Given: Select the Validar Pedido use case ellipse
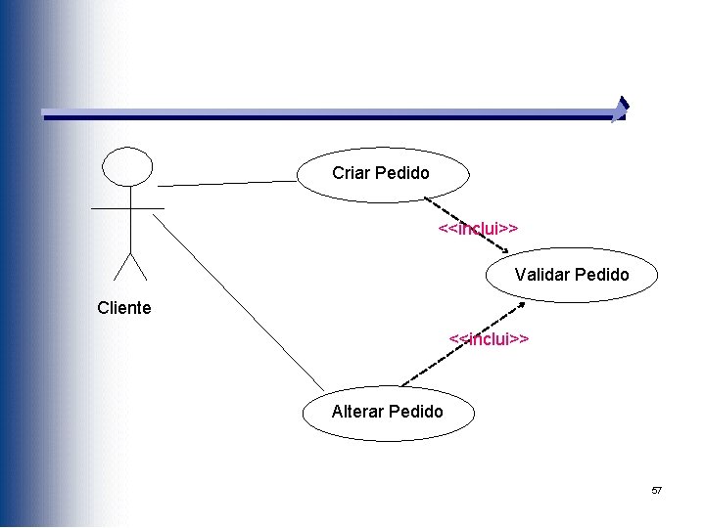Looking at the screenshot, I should [572, 275].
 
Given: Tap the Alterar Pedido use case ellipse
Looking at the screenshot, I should [388, 412].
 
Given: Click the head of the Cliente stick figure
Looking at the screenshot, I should [128, 166].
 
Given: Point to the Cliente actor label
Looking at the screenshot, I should [124, 308].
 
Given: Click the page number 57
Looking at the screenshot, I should [657, 490].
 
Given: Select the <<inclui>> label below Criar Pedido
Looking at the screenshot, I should [478, 228].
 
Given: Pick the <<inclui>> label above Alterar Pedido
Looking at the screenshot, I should [489, 339].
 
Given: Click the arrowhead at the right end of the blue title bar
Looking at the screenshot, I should [620, 110].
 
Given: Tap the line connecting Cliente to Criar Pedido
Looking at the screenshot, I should [227, 183].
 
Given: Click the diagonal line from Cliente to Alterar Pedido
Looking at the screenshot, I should [238, 300].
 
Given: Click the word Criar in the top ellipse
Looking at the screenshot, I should [350, 173].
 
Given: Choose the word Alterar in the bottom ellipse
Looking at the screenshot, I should [357, 412].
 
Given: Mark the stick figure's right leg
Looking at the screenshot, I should [138, 266].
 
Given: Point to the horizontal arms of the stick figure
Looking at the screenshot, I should [127, 209].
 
